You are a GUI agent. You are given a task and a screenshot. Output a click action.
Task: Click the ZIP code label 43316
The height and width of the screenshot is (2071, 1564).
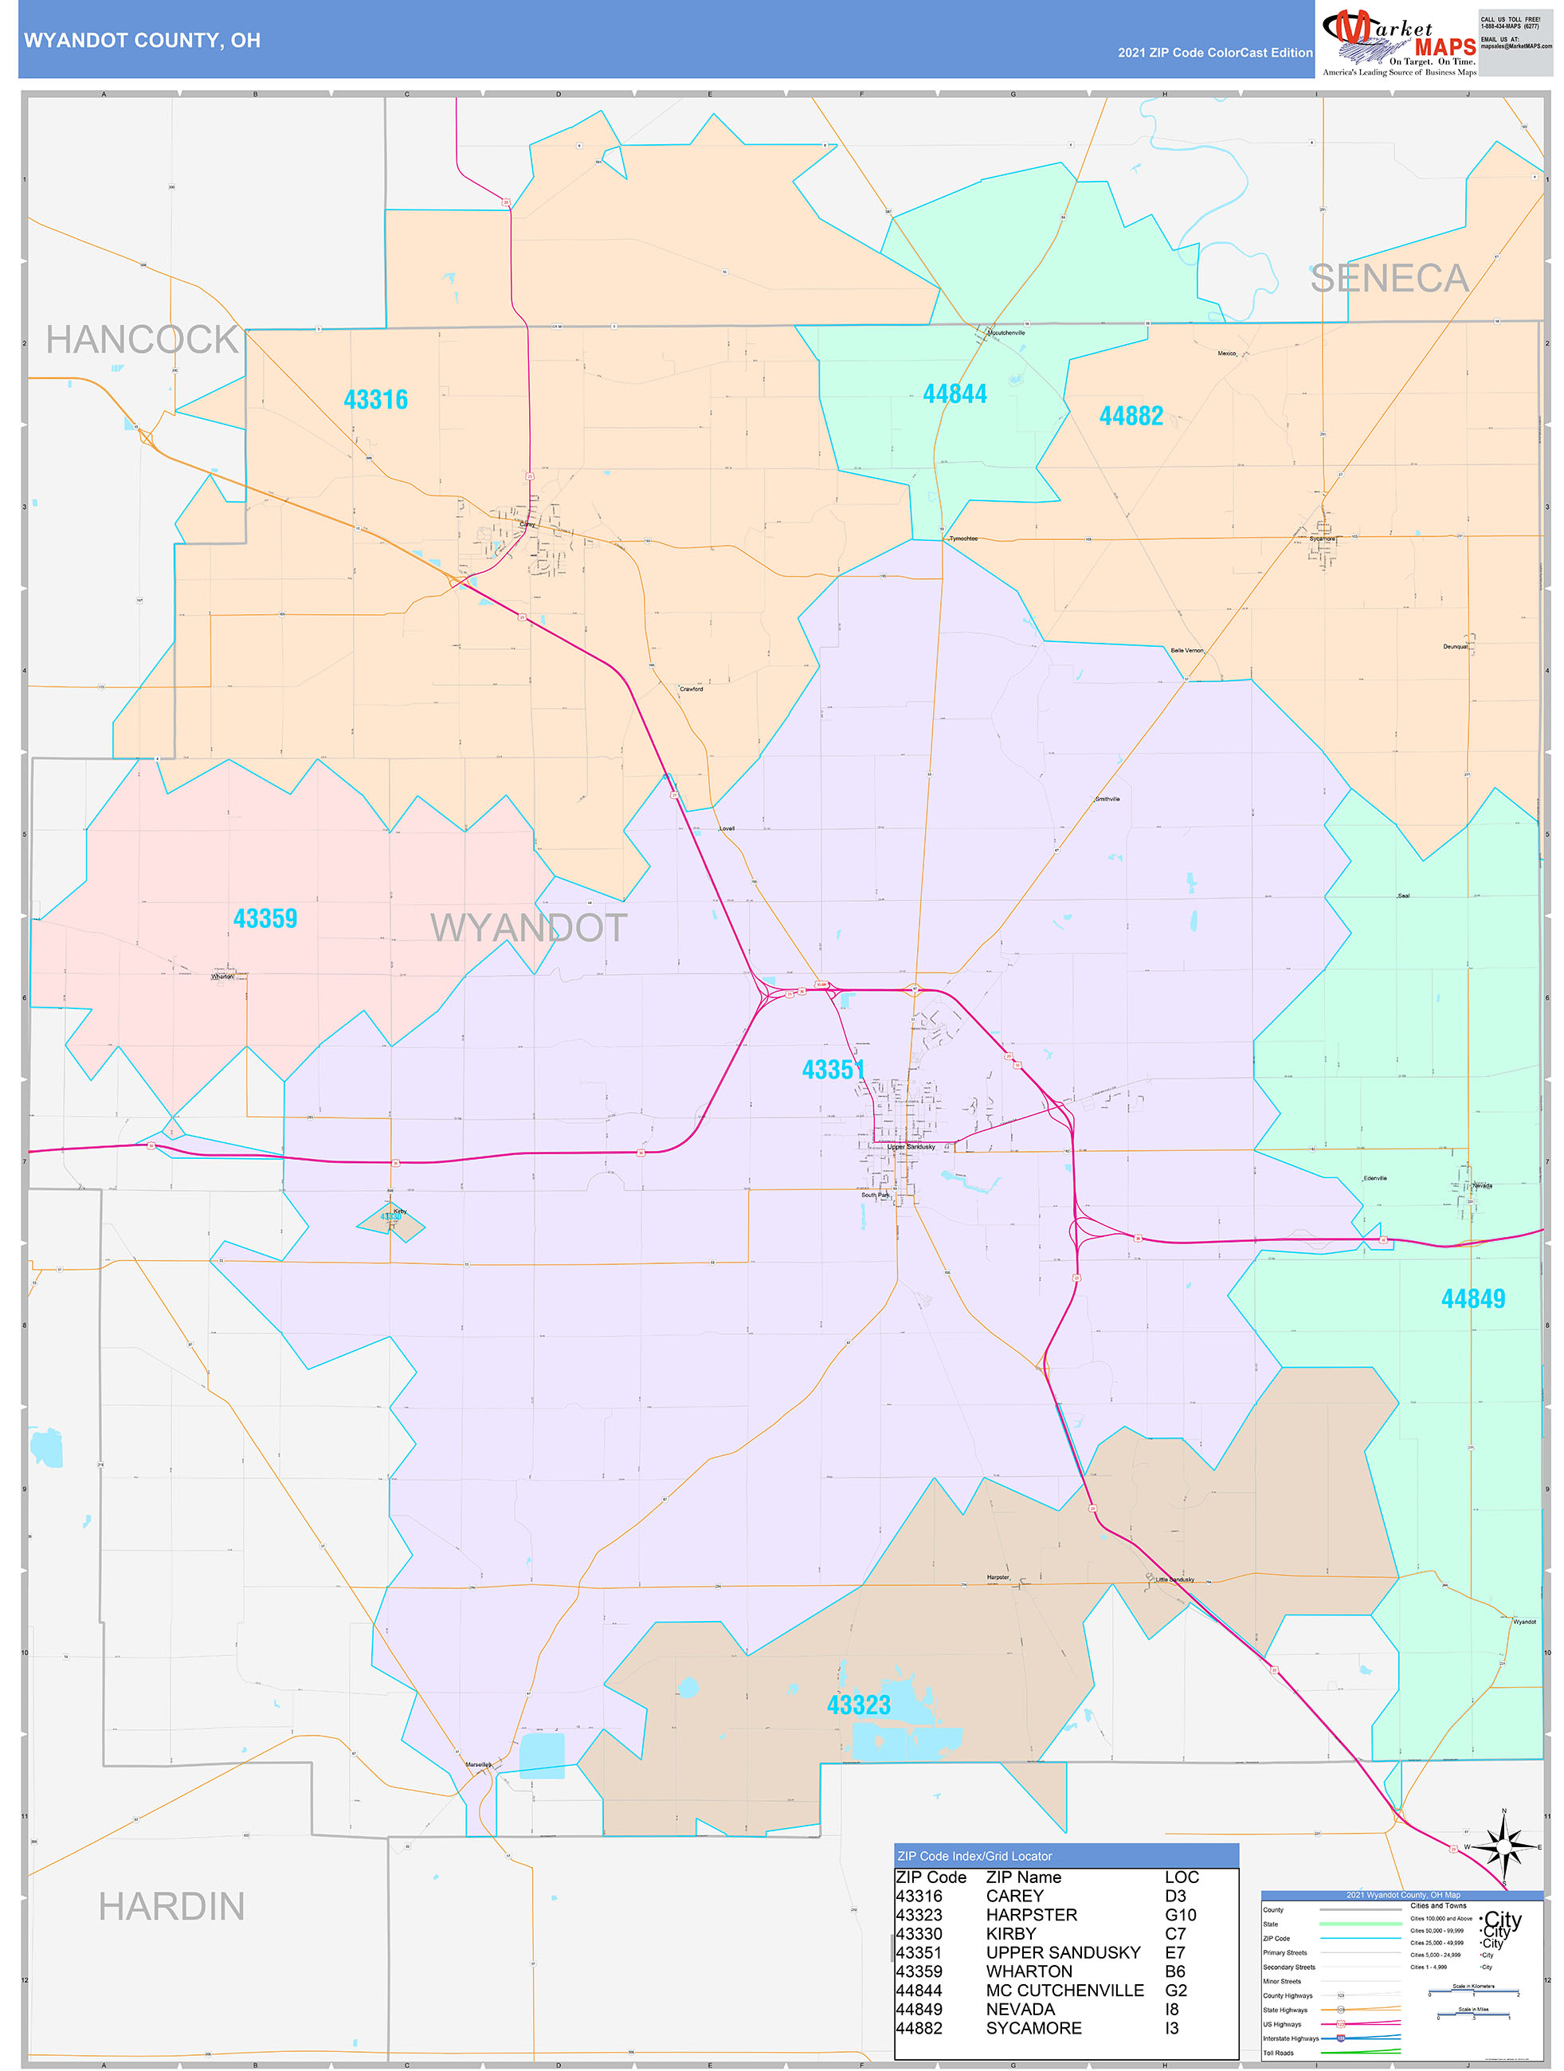(x=375, y=400)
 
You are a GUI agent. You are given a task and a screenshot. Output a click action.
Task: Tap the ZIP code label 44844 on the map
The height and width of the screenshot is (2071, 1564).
(x=954, y=394)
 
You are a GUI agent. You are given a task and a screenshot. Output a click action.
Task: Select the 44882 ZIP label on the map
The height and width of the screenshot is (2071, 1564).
(x=1131, y=416)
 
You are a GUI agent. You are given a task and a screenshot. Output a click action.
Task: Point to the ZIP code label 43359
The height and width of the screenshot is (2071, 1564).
(x=265, y=918)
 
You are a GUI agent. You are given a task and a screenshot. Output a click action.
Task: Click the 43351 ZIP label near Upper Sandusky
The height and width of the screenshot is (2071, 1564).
(x=833, y=1069)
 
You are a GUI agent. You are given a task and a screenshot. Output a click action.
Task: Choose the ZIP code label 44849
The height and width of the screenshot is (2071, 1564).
(x=1472, y=1298)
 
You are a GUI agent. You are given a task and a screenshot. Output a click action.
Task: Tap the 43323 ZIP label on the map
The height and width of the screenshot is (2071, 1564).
(x=858, y=1705)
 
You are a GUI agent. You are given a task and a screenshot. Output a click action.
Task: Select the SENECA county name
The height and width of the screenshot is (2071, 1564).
(x=1388, y=278)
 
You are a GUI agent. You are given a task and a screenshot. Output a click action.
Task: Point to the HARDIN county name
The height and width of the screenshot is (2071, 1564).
(x=171, y=1906)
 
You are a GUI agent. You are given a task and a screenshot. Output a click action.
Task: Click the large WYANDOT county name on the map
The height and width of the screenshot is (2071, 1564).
(x=528, y=928)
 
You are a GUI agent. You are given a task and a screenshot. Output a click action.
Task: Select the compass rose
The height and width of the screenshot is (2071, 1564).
(x=1503, y=1847)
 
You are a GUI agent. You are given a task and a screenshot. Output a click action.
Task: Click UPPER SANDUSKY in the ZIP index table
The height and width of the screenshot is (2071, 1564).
(x=1062, y=1952)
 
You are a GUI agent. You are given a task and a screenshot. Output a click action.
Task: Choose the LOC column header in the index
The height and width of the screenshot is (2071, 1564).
(x=1181, y=1877)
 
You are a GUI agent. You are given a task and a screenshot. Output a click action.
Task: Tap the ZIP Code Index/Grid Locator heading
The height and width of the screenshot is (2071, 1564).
(x=974, y=1856)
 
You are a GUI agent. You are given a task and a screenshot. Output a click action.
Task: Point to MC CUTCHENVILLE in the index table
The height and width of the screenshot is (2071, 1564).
(x=1064, y=1991)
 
